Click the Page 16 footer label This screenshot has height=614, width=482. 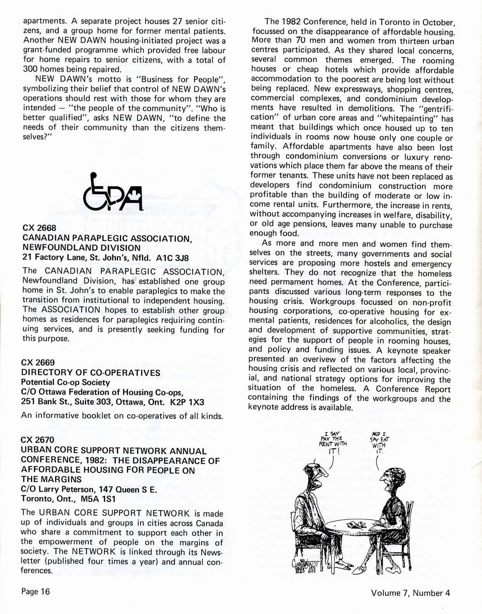[36, 591]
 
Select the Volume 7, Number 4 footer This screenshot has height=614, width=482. [412, 593]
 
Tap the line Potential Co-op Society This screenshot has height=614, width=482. [65, 382]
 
